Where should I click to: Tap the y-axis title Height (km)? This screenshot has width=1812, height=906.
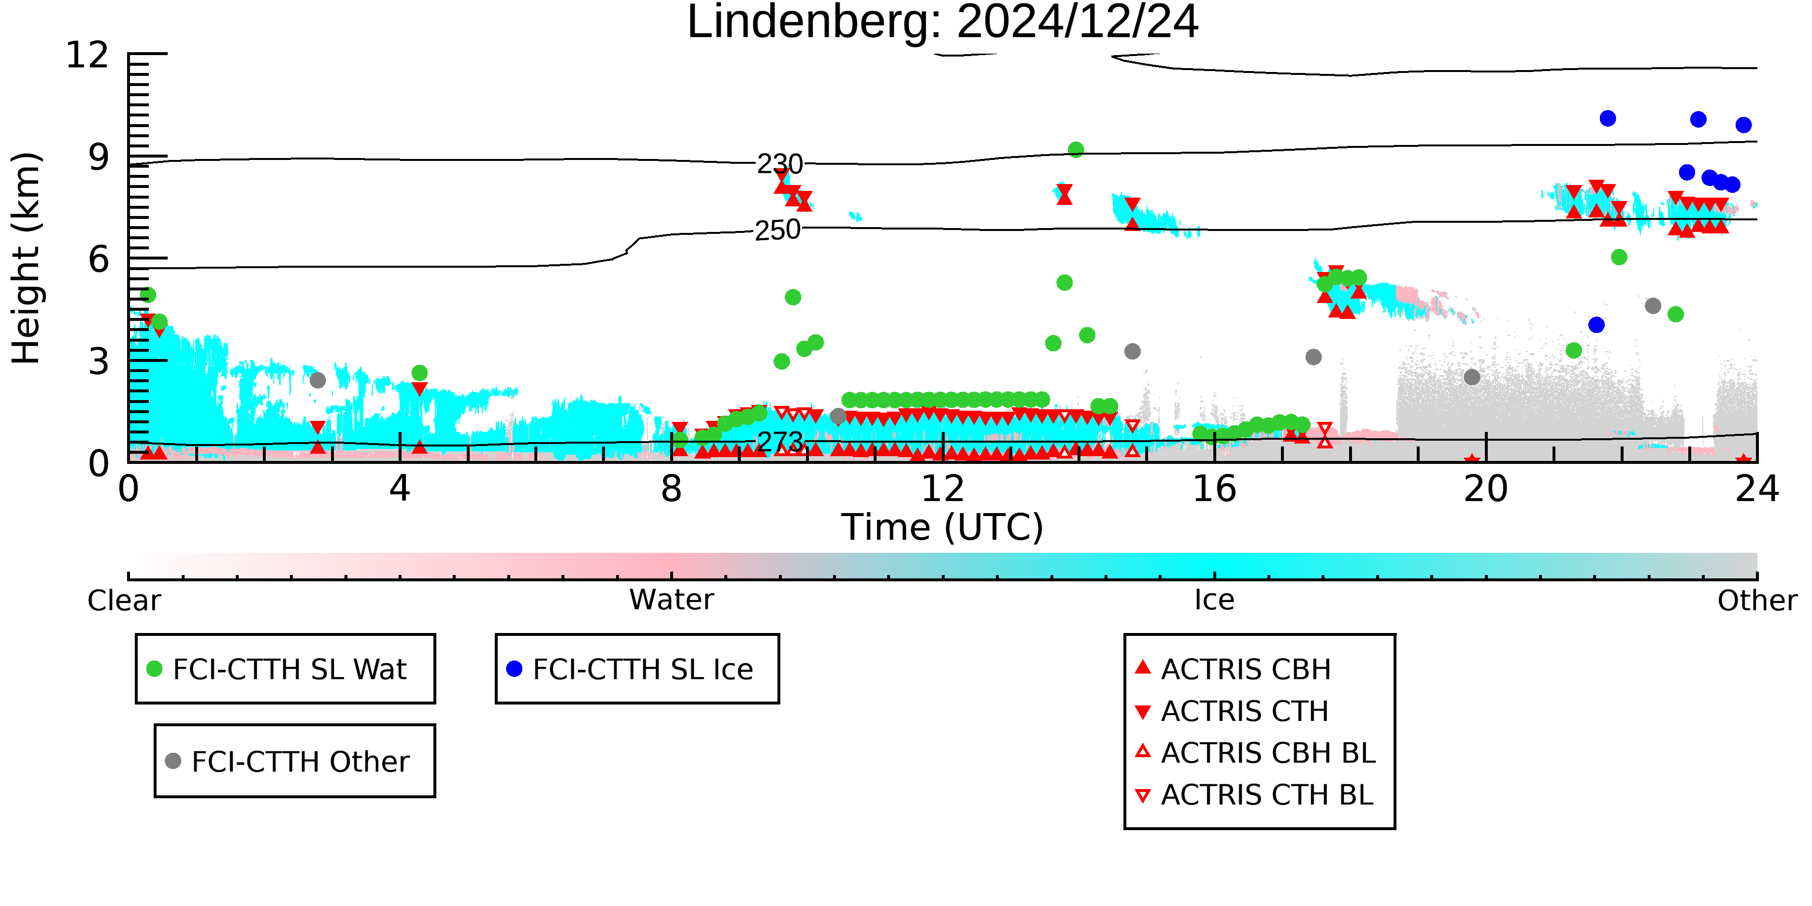[26, 258]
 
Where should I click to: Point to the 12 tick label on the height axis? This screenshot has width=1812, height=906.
[87, 55]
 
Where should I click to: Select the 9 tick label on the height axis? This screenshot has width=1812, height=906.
[99, 158]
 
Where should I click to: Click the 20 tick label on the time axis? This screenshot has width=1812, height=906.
[1486, 489]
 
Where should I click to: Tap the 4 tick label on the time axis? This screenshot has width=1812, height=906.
[400, 489]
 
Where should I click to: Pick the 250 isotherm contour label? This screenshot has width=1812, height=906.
[777, 230]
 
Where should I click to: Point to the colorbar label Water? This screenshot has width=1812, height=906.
[671, 600]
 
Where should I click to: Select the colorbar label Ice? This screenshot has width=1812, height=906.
[1214, 600]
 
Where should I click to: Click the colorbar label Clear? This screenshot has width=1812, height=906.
[124, 601]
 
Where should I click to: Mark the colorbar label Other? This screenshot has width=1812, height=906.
[1757, 601]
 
